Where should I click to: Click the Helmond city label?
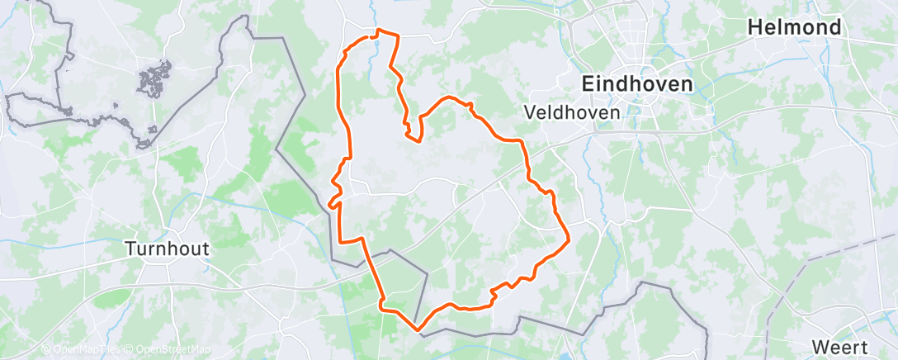[794, 27]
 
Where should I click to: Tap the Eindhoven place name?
[636, 83]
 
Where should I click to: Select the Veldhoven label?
[572, 111]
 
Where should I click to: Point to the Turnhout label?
[167, 247]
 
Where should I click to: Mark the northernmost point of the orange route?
[379, 31]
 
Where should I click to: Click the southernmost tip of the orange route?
[418, 329]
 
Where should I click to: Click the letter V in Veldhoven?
[530, 111]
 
